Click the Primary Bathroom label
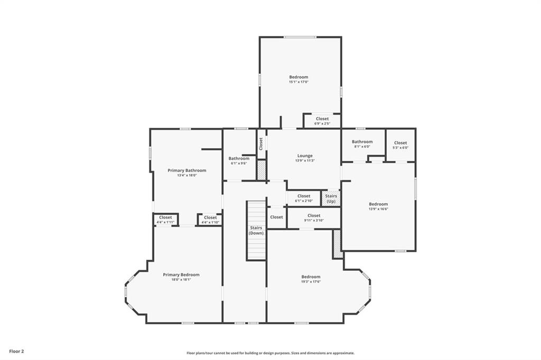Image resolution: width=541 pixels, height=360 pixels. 186,170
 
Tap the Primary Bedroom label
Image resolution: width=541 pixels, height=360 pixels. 181,274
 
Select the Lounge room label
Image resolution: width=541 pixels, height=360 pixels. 305,156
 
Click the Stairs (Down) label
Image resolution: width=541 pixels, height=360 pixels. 256,230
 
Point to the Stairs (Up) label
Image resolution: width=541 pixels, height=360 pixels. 331,198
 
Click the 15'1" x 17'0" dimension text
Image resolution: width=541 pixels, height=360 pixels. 299,82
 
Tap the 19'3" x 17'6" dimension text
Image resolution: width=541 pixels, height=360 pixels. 311,281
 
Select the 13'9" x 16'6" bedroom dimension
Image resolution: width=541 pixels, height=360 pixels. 378,209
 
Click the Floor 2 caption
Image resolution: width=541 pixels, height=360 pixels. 16,351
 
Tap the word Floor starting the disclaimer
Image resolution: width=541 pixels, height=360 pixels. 191,353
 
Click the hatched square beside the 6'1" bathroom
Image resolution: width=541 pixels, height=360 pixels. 261,170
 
